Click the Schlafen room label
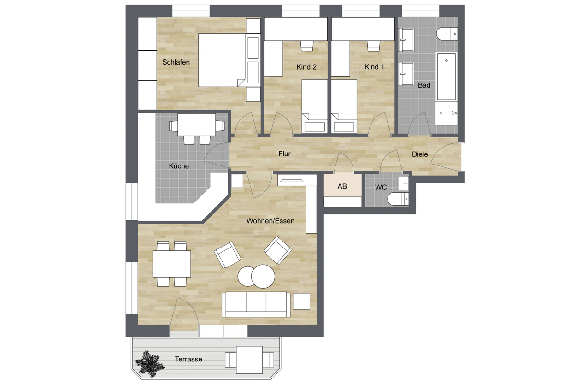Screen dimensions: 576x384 [176, 62]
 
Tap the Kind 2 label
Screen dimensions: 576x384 [306, 67]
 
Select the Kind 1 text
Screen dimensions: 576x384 [374, 67]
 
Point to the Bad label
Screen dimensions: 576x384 [424, 85]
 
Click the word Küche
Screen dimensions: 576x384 [179, 166]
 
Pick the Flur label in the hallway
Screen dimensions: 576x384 [284, 154]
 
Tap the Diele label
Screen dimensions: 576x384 [420, 154]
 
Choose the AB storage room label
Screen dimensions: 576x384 [342, 186]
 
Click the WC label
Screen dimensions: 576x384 [381, 187]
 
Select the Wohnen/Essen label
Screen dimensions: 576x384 [270, 221]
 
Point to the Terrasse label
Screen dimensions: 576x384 [188, 359]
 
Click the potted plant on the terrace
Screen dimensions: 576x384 [149, 363]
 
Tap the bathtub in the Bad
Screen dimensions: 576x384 [446, 88]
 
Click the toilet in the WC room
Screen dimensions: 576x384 [398, 199]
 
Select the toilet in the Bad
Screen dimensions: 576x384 [447, 34]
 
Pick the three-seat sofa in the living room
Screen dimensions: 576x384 [256, 305]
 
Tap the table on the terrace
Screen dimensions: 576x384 [249, 360]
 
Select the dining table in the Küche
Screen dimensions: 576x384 [196, 125]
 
